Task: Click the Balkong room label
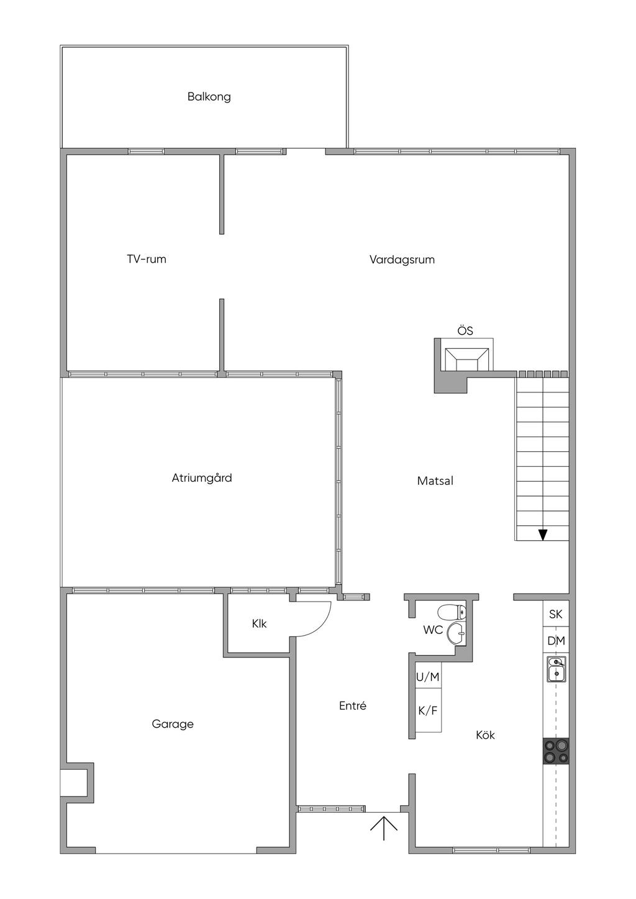(209, 97)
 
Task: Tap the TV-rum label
(147, 260)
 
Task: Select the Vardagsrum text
(402, 260)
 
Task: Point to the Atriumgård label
(202, 478)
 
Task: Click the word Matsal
(435, 481)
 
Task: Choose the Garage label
(173, 724)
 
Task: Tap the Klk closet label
(259, 624)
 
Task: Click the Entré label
(353, 706)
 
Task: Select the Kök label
(485, 735)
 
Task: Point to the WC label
(433, 630)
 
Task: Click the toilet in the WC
(452, 613)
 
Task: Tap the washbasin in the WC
(457, 633)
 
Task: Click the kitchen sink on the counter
(556, 669)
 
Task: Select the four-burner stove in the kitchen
(556, 751)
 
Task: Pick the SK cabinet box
(556, 614)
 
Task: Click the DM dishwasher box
(556, 641)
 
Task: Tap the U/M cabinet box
(427, 677)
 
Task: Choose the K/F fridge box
(427, 711)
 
